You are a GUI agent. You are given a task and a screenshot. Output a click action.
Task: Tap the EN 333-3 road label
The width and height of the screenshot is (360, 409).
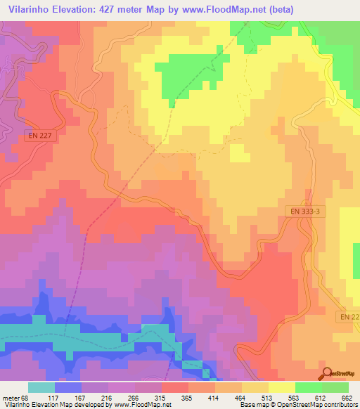[306, 210]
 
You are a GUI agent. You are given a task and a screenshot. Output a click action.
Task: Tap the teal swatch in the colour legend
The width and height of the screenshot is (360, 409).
[41, 387]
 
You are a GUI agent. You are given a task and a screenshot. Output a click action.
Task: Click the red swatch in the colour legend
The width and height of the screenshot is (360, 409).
[175, 387]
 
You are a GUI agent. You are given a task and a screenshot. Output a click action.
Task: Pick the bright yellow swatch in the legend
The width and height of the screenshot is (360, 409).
[282, 387]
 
